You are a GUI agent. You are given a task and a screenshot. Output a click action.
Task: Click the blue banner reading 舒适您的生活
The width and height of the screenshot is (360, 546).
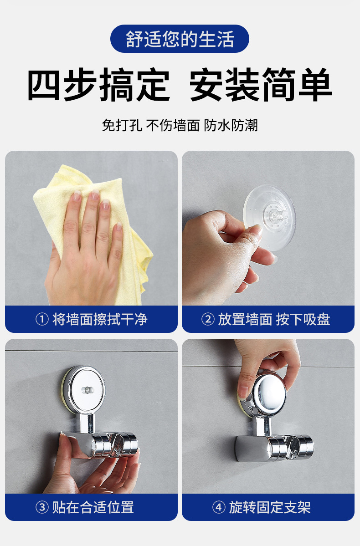point(180,39)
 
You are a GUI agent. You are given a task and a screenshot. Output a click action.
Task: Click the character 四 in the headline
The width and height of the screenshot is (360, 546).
point(44,85)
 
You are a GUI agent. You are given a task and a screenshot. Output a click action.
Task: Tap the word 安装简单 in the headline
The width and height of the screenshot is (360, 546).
point(260,85)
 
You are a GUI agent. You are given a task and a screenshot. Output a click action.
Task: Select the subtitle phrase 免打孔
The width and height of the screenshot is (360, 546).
point(122,125)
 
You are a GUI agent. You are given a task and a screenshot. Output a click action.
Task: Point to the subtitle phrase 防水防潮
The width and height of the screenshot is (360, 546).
point(231,125)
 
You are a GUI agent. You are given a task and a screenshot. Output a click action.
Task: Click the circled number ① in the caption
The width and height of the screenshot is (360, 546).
point(42,319)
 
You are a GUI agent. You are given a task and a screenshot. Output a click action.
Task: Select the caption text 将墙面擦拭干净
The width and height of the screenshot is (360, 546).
point(100,319)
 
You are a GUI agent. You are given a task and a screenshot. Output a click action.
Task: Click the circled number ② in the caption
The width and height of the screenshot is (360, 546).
point(208,319)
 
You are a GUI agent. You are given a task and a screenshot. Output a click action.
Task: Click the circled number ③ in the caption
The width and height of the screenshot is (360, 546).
point(42,507)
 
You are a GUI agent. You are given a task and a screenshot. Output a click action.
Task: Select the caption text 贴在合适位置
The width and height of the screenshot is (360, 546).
point(93,507)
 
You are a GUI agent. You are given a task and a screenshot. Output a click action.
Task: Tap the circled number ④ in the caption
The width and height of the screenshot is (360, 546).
point(219,507)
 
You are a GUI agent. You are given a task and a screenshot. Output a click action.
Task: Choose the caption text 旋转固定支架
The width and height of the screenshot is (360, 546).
point(270,507)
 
